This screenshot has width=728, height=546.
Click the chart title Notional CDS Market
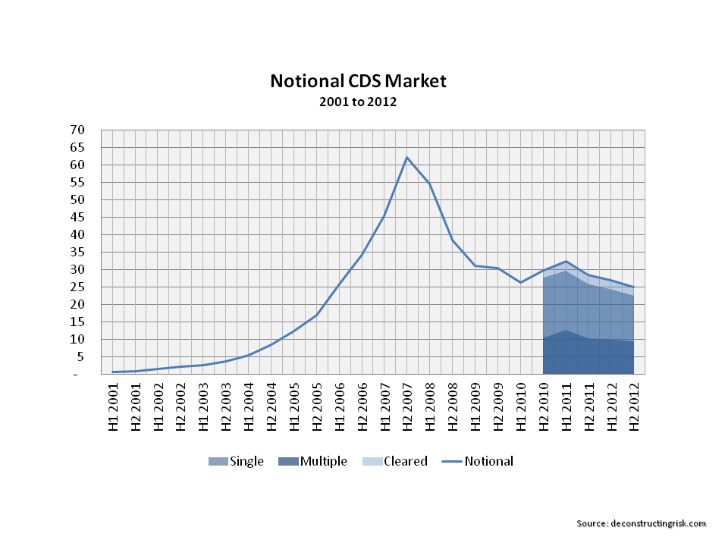pyautogui.click(x=359, y=80)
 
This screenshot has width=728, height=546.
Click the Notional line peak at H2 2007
pyautogui.click(x=407, y=158)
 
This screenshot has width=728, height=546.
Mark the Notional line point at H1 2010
pyautogui.click(x=520, y=282)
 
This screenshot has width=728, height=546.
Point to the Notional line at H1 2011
pyautogui.click(x=566, y=261)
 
